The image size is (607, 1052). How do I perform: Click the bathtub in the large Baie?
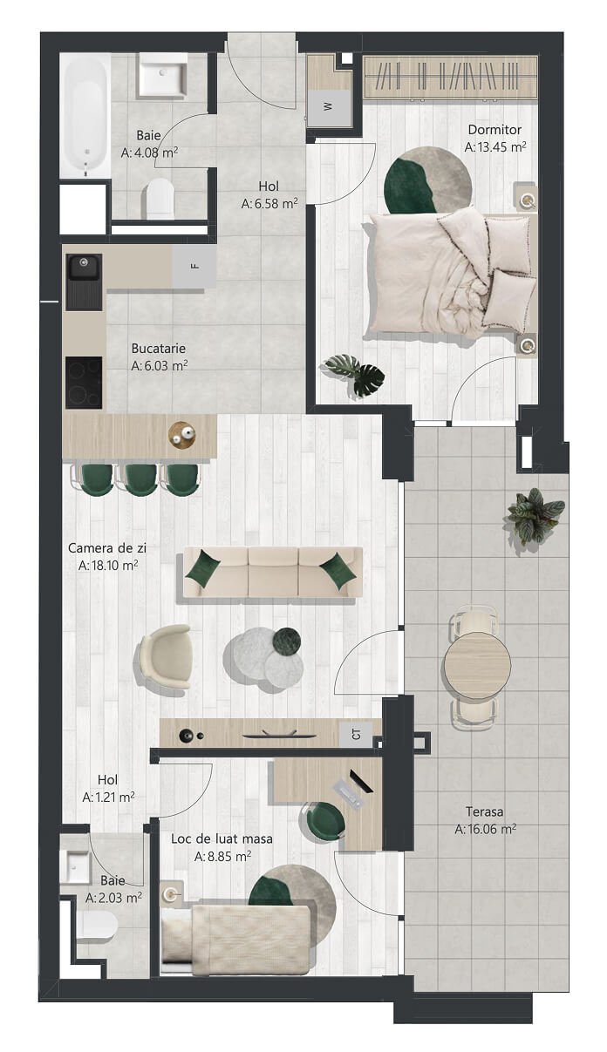[85, 116]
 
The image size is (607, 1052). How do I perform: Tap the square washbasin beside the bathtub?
[162, 76]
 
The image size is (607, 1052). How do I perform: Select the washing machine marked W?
[330, 108]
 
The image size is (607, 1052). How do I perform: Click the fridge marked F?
[194, 267]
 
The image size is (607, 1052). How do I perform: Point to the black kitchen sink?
[84, 282]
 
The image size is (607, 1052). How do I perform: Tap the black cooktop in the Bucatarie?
[84, 383]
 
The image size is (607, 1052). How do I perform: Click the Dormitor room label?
[494, 130]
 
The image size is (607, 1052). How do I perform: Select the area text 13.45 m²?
[495, 147]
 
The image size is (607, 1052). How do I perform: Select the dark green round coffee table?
[288, 641]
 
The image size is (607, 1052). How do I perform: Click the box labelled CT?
[356, 734]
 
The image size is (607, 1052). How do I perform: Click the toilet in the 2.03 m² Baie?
[96, 926]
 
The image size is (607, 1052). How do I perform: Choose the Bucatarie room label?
[159, 349]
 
